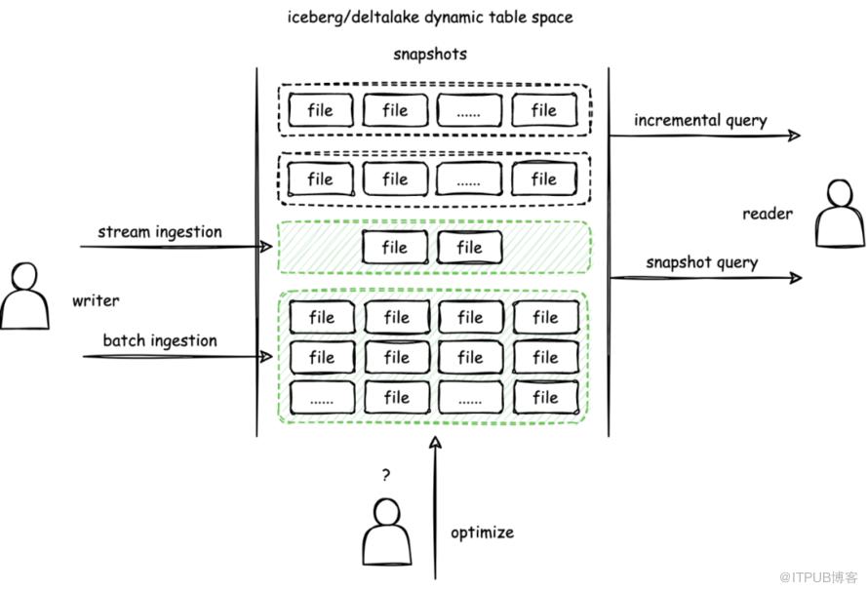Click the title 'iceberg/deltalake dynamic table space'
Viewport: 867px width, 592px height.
tap(431, 17)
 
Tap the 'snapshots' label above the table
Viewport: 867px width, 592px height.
tap(430, 54)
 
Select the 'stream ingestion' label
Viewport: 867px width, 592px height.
tap(159, 232)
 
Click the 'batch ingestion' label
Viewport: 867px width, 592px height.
tap(160, 340)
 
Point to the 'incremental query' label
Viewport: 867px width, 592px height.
tap(700, 121)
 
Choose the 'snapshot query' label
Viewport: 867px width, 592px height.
tap(701, 262)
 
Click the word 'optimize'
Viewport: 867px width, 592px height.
tap(482, 533)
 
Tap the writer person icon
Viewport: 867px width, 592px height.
tap(24, 296)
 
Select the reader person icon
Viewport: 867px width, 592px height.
tap(841, 215)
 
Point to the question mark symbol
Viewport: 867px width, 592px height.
tap(386, 476)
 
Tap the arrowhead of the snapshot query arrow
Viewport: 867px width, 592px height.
tap(795, 278)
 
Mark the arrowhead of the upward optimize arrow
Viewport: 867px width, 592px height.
tap(435, 444)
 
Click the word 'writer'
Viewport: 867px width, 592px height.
tap(96, 300)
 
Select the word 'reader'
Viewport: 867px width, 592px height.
tap(767, 214)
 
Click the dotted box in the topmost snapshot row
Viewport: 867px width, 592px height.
tap(469, 111)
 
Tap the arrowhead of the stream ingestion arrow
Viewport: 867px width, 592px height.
tap(266, 247)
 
